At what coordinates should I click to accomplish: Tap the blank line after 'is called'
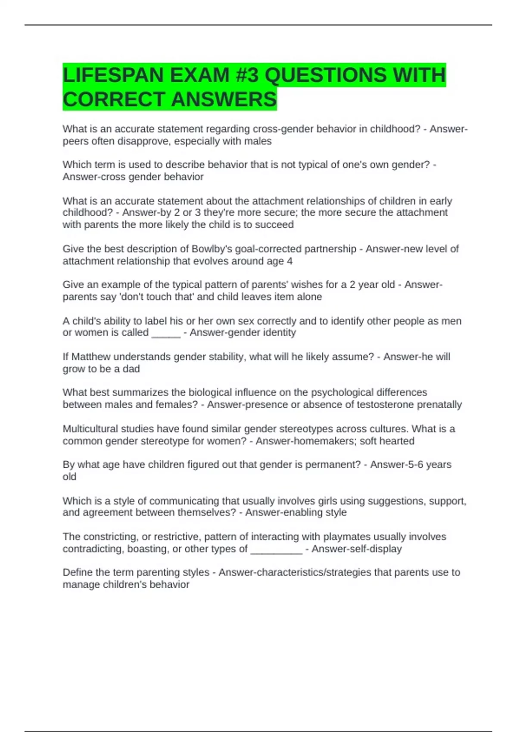pyautogui.click(x=166, y=333)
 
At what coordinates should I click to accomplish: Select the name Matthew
pyautogui.click(x=90, y=357)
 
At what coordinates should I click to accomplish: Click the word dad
pyautogui.click(x=131, y=369)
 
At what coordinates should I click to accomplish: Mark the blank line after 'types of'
pyautogui.click(x=276, y=549)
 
